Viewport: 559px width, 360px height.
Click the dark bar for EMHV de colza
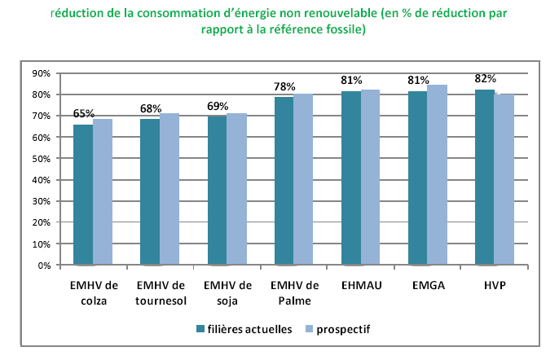click(x=82, y=195)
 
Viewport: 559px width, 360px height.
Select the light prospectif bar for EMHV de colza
click(x=103, y=192)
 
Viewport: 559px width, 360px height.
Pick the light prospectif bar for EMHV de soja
click(x=236, y=189)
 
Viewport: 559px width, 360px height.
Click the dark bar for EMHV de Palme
click(x=284, y=181)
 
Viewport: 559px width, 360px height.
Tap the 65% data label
click(x=84, y=114)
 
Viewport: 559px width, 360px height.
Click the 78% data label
click(x=284, y=86)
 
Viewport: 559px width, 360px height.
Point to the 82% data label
click(x=486, y=78)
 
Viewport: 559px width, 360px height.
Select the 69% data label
click(x=218, y=106)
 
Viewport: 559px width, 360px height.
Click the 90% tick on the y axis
click(x=41, y=73)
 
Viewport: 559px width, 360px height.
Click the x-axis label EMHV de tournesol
click(x=161, y=292)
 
